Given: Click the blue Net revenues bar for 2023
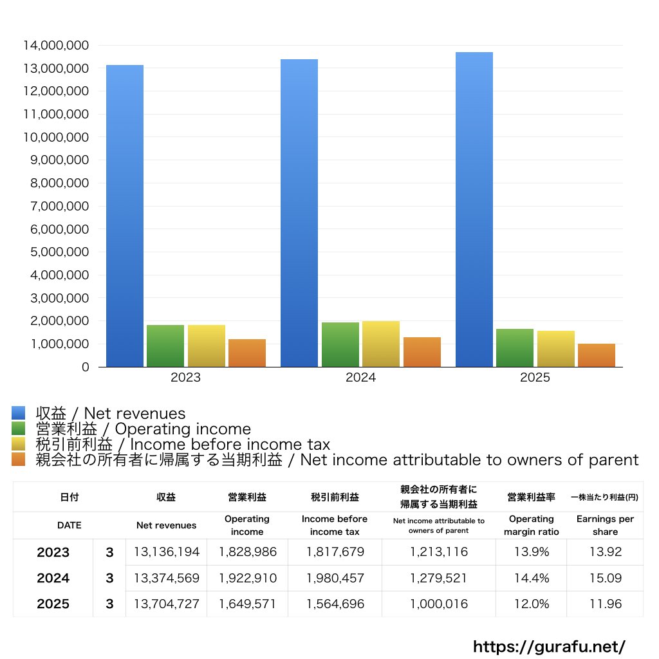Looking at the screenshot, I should pyautogui.click(x=125, y=216).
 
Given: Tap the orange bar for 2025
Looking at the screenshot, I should pyautogui.click(x=596, y=355).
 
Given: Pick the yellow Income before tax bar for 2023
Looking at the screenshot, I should pyautogui.click(x=206, y=346).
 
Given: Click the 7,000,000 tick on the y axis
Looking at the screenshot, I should pyautogui.click(x=59, y=206).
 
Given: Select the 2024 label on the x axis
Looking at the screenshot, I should pyautogui.click(x=360, y=378).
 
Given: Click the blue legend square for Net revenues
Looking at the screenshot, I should pyautogui.click(x=18, y=413).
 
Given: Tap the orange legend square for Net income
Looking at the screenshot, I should pyautogui.click(x=18, y=459).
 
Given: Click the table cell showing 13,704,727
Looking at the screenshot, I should pyautogui.click(x=167, y=604).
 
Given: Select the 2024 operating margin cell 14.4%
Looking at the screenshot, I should pyautogui.click(x=531, y=578).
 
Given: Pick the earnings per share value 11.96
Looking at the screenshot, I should pyautogui.click(x=605, y=604).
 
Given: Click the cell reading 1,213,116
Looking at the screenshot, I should pyautogui.click(x=438, y=552).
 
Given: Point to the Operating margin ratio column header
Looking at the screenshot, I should pyautogui.click(x=531, y=525).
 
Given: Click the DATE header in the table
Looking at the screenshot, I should pyautogui.click(x=69, y=525).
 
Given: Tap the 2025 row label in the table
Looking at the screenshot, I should pyautogui.click(x=53, y=604).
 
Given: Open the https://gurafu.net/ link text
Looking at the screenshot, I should pyautogui.click(x=549, y=646).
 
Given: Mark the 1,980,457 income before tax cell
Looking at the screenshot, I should pyautogui.click(x=335, y=578).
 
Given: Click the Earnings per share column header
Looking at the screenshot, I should pyautogui.click(x=605, y=525).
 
